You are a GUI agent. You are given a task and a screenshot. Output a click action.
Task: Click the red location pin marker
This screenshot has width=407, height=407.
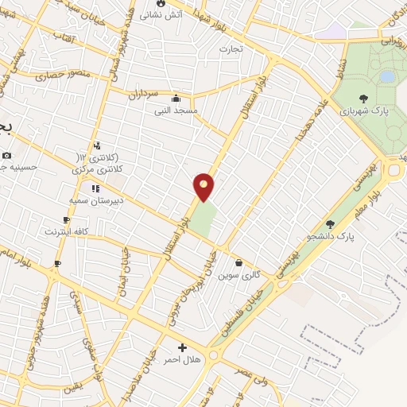click(204, 186)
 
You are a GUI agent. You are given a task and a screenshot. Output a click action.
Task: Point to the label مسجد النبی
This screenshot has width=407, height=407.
click(176, 110)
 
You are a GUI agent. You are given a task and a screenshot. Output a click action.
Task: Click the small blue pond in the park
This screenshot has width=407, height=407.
click(387, 76)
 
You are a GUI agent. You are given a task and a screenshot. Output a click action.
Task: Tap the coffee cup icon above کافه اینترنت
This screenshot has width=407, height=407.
click(67, 220)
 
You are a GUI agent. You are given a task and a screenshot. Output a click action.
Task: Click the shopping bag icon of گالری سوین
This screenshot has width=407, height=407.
click(238, 263)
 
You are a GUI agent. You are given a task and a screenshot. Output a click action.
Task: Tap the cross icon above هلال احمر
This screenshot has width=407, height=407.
click(183, 347)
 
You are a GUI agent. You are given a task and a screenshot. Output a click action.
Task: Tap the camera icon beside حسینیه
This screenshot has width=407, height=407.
click(6, 155)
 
